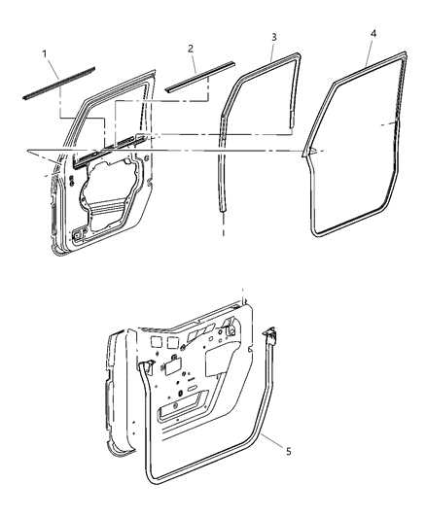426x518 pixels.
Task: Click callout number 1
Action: click(44, 52)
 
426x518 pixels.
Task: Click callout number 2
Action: click(191, 47)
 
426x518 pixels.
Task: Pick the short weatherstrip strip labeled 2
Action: click(200, 74)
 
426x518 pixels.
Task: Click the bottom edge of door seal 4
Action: click(350, 233)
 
